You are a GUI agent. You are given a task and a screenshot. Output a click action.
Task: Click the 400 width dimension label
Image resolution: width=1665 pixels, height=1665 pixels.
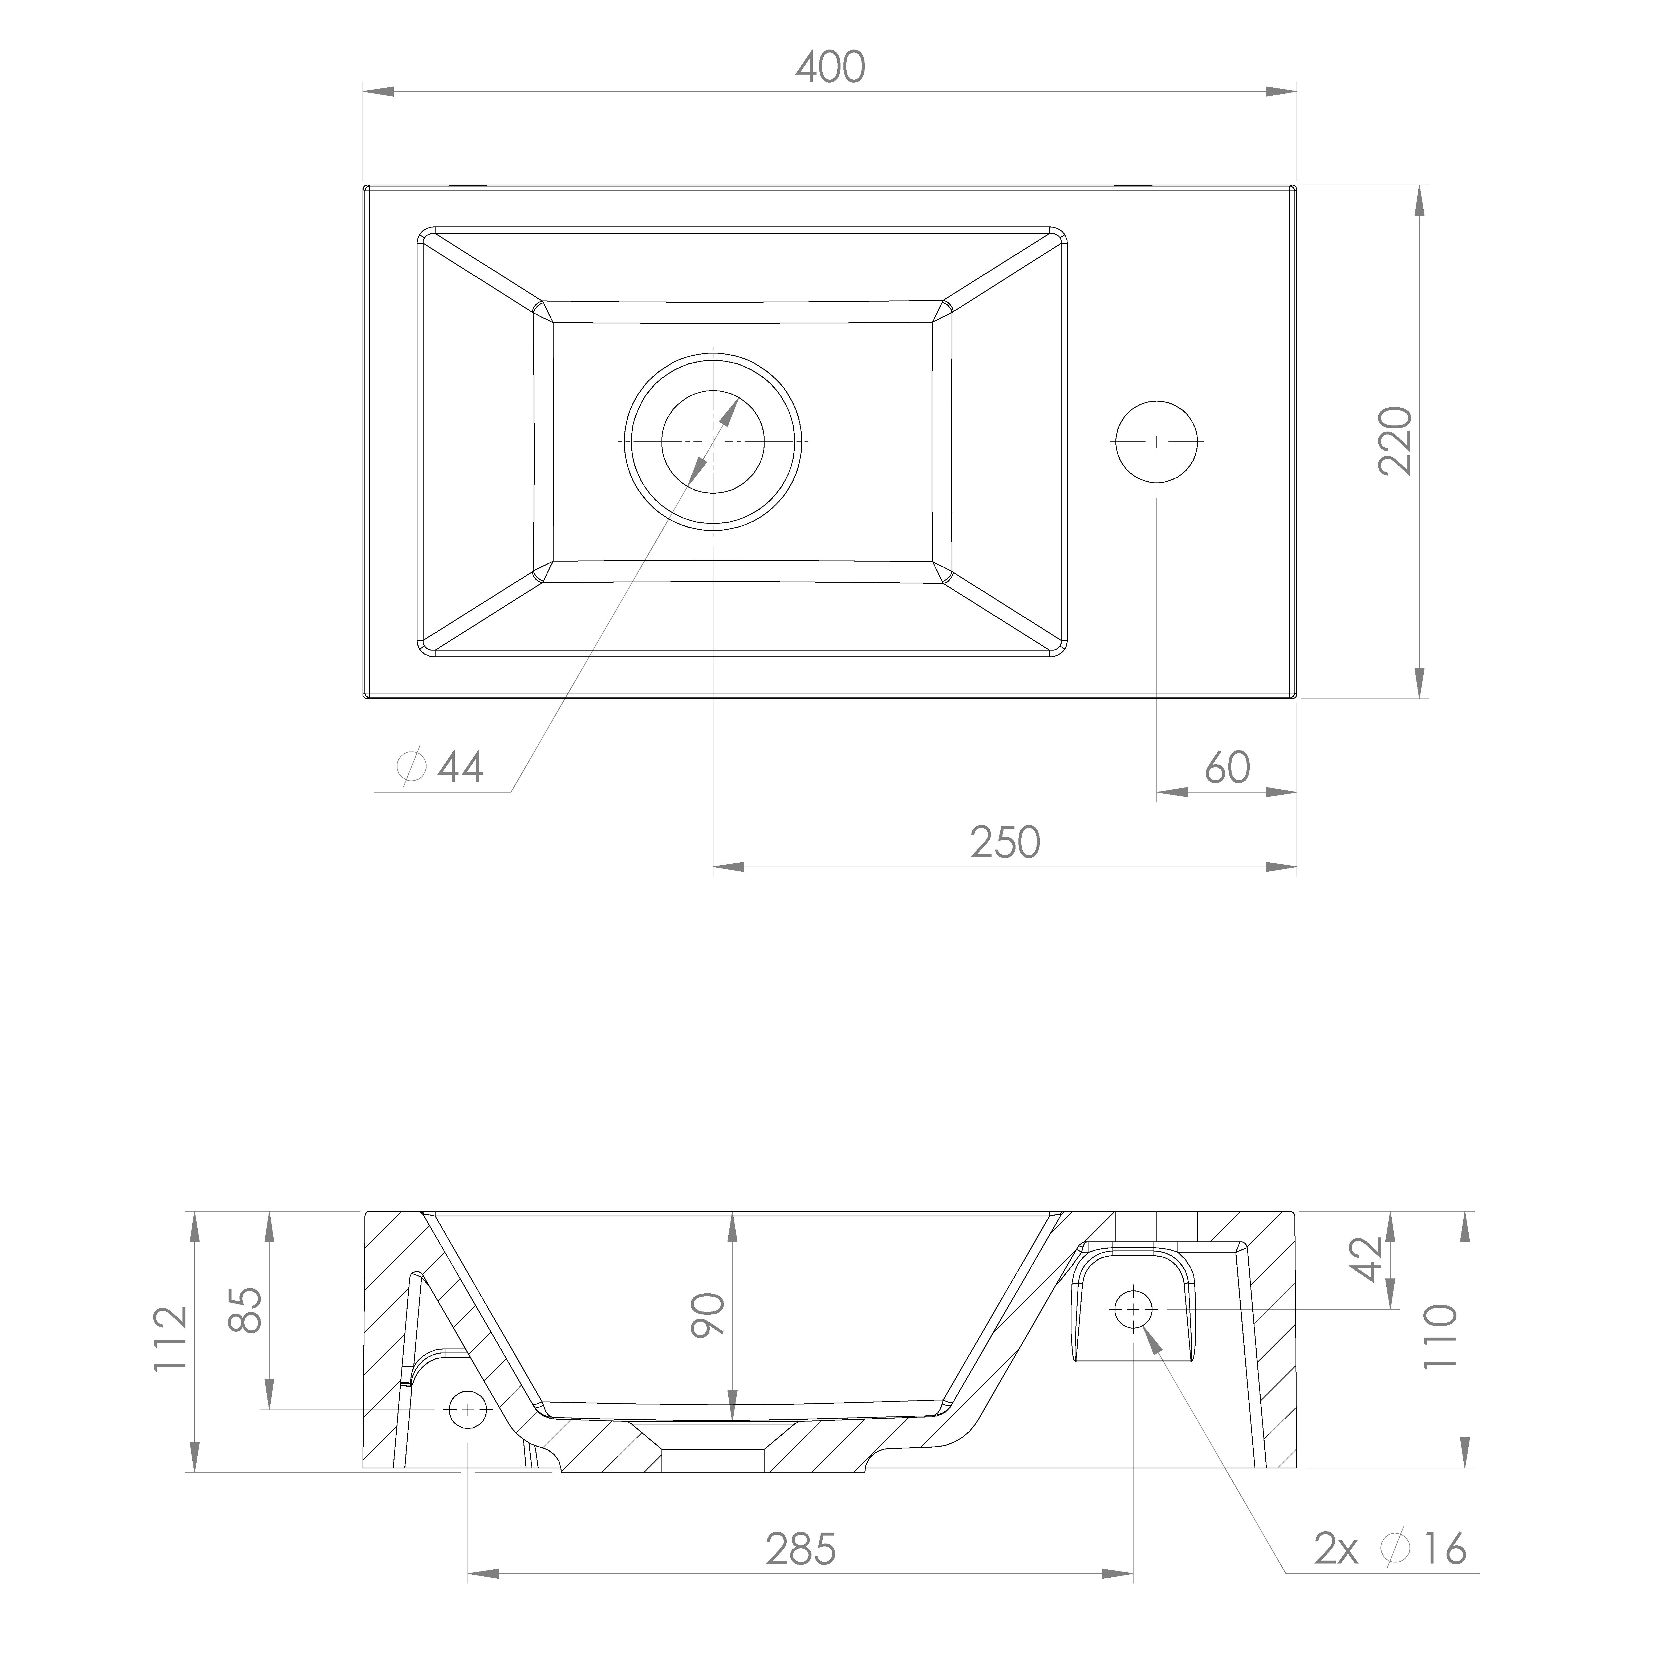click(830, 67)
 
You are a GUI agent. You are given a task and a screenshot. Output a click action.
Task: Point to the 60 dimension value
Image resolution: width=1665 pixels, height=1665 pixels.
click(1227, 767)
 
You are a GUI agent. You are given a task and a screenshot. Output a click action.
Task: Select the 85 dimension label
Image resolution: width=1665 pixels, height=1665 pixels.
click(247, 1310)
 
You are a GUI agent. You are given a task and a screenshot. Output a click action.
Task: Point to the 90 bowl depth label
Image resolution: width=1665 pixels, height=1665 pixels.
click(708, 1314)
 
